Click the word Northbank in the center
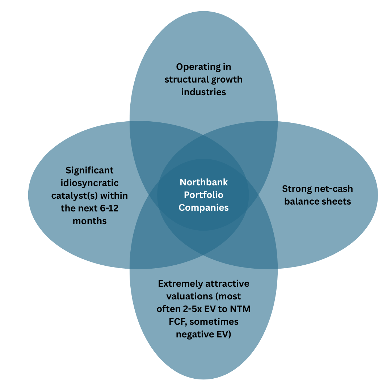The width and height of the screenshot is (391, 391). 204,182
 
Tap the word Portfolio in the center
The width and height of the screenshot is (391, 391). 203,195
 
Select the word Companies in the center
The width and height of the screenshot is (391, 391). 204,207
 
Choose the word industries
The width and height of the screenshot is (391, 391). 203,92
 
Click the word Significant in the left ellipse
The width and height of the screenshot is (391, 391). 89,170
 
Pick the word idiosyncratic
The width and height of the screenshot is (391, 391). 90,183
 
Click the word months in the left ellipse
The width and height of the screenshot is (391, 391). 90,221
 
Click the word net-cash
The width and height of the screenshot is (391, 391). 334,189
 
